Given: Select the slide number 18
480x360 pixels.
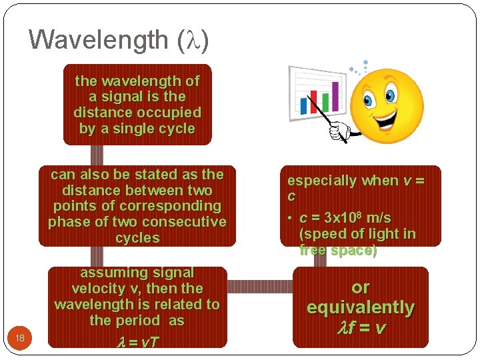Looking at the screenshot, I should tap(20, 338).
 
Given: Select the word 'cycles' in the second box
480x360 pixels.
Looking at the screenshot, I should tap(137, 238).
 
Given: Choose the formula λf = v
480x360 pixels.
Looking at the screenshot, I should tap(360, 328).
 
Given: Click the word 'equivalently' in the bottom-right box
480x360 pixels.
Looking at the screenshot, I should tap(360, 307).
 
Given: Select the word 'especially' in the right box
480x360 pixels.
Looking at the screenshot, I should tap(322, 181).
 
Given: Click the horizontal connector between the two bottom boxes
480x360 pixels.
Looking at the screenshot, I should tap(260, 286).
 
